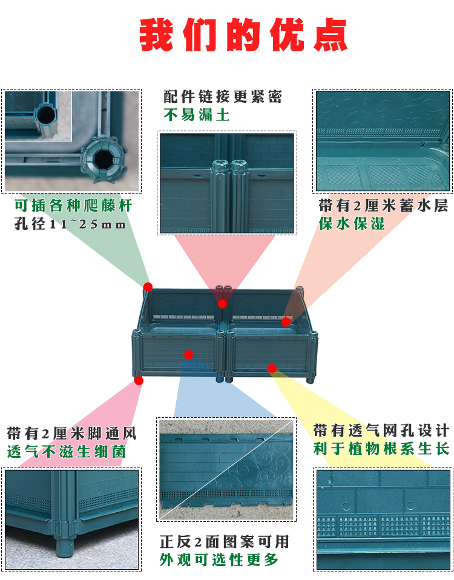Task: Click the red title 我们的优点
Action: click(243, 35)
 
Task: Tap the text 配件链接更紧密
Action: click(223, 97)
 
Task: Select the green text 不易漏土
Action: click(197, 115)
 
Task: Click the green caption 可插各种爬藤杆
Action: click(73, 205)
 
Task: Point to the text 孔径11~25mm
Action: click(70, 224)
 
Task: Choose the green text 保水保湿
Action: click(352, 224)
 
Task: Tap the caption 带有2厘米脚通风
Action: click(72, 434)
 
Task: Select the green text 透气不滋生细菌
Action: click(67, 452)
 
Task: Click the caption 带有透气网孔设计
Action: click(381, 431)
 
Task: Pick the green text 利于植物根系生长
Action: click(381, 449)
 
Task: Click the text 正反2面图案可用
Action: click(225, 542)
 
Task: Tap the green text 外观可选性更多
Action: click(219, 559)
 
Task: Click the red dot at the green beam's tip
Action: click(148, 287)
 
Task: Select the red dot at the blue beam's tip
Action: click(188, 355)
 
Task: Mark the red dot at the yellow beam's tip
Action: click(272, 368)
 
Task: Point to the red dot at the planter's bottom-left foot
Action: click(139, 380)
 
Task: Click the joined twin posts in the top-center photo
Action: click(229, 196)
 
